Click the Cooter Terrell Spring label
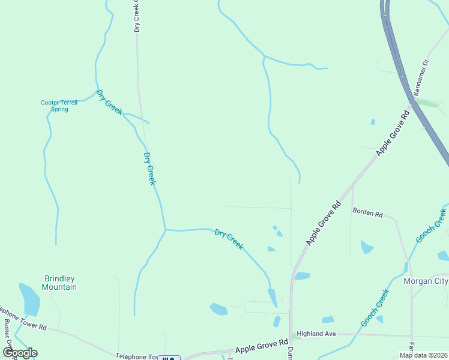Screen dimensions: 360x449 point(59,106)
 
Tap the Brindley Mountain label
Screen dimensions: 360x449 point(60,283)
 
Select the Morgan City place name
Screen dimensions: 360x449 point(426,281)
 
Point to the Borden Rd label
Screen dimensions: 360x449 point(367,212)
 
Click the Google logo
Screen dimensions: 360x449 point(20,352)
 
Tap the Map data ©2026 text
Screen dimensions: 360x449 point(423,355)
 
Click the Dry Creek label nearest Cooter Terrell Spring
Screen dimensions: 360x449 point(109,103)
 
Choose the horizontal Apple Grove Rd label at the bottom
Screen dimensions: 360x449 point(262,347)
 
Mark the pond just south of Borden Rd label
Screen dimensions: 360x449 point(367,247)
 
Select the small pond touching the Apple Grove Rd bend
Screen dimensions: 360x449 point(302,276)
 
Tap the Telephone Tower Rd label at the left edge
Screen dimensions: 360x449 point(23,320)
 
